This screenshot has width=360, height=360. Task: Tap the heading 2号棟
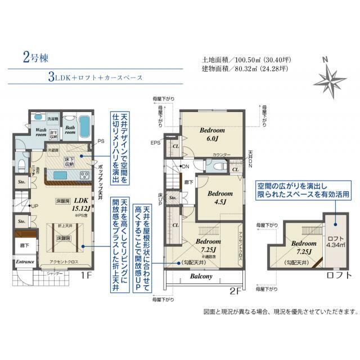(34, 56)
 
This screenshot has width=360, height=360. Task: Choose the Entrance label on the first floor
(25, 262)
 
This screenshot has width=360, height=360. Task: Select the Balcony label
(201, 277)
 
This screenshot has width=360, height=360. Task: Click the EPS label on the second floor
(156, 143)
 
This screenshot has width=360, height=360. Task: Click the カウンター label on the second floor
(222, 154)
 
